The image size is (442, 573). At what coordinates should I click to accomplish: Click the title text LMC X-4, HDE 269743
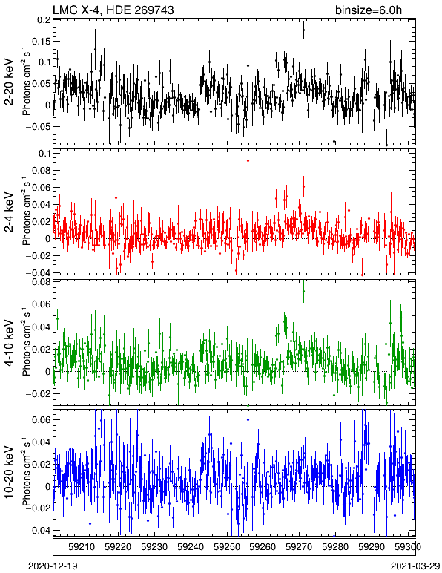[113, 10]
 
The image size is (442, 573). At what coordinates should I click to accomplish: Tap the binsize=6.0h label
[369, 10]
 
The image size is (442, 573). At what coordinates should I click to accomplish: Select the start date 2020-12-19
[53, 566]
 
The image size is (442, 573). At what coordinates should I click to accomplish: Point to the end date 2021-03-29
[415, 566]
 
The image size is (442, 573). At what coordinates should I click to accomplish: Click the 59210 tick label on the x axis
[82, 547]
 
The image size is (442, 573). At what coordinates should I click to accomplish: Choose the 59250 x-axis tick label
[226, 547]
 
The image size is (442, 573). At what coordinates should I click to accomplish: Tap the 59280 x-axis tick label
[335, 547]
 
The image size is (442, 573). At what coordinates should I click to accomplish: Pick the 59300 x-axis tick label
[408, 547]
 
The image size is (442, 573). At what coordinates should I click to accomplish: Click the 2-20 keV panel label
[9, 82]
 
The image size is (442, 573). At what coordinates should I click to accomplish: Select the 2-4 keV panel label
[9, 212]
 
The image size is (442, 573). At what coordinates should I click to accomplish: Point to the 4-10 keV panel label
[9, 343]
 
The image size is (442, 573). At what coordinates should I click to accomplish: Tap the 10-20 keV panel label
[9, 472]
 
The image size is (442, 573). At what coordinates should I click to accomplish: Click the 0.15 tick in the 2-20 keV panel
[41, 42]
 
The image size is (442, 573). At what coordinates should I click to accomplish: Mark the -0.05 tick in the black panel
[39, 127]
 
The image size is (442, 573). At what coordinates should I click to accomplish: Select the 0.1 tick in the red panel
[44, 154]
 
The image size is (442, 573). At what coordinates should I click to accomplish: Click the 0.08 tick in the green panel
[41, 283]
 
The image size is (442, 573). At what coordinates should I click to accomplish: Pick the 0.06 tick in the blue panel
[41, 419]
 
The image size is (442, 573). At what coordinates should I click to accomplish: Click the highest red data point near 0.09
[248, 160]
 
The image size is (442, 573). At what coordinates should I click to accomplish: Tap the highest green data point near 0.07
[303, 291]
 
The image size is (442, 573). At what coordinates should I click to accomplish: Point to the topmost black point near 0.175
[303, 30]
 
